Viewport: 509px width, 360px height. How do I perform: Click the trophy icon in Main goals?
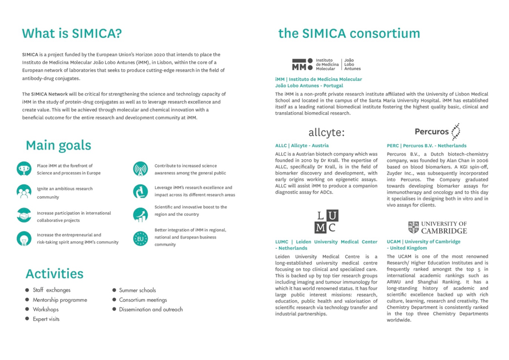tap(24, 169)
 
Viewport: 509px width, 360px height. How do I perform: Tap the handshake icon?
tap(24, 216)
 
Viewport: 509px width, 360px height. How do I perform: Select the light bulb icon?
tap(24, 239)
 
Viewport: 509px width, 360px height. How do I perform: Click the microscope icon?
tap(140, 191)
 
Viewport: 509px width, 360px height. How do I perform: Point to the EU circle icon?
tap(140, 238)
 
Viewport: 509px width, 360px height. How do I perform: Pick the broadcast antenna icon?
tap(140, 169)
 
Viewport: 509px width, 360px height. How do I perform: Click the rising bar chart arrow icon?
tap(140, 215)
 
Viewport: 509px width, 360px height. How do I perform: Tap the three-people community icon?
tap(24, 192)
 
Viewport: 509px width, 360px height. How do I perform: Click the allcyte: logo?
tap(326, 132)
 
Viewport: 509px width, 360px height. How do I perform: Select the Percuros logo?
tap(437, 131)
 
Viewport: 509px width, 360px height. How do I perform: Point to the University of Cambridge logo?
tap(437, 227)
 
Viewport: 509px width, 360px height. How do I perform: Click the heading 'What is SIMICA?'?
tap(72, 33)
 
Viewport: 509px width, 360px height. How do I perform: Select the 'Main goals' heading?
tap(59, 145)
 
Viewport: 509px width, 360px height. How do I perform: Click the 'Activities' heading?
tap(54, 273)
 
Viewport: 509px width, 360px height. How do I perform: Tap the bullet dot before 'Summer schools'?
tap(114, 290)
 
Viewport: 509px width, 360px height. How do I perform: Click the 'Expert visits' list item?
tap(46, 319)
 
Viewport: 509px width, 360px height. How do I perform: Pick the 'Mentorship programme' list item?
tap(60, 300)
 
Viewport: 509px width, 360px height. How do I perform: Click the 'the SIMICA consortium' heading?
tap(349, 33)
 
